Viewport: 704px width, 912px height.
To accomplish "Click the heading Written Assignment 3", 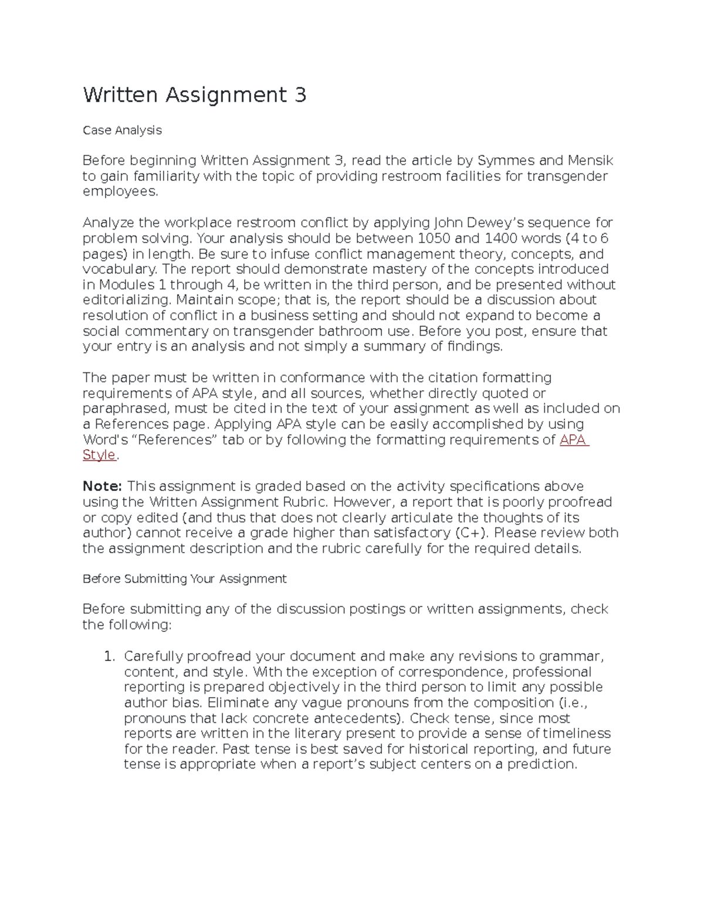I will (x=194, y=95).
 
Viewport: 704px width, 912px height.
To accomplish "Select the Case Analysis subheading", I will (x=122, y=130).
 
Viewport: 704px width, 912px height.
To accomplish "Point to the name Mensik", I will (x=590, y=160).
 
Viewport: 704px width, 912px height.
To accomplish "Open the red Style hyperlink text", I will (x=99, y=455).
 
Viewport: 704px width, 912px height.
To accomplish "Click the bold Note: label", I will (x=102, y=486).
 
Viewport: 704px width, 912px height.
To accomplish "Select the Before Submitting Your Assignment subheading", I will (x=184, y=579).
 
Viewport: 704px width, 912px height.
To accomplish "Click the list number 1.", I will (x=109, y=656).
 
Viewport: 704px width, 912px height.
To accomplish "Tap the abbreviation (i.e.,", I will (x=573, y=703).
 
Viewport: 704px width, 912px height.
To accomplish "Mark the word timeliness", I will (x=576, y=733).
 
